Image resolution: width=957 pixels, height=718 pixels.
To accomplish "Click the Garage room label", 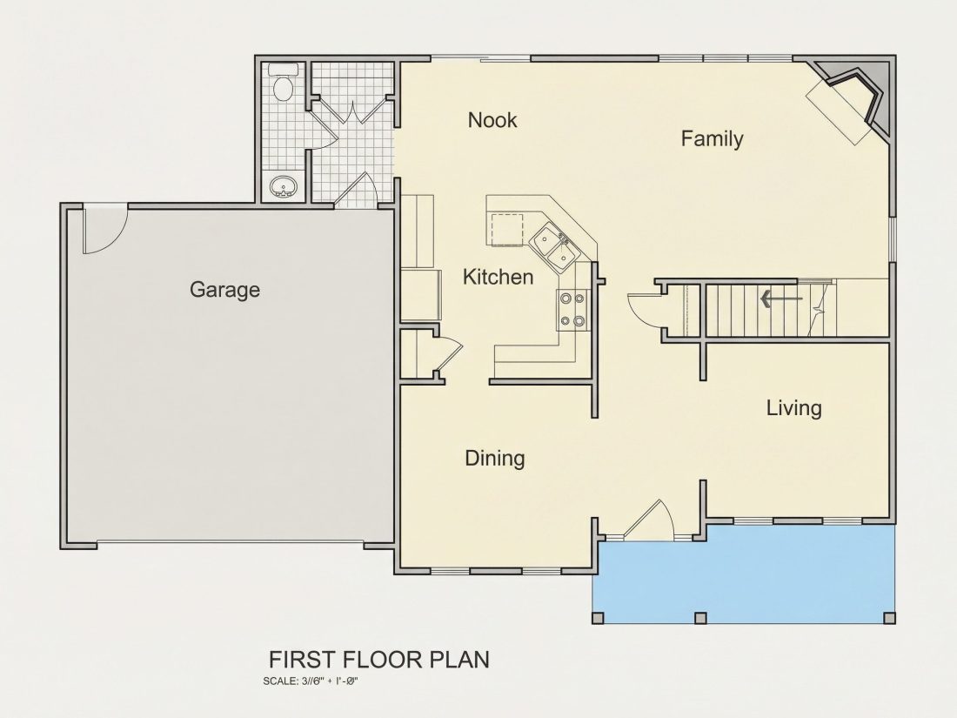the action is click(x=224, y=290).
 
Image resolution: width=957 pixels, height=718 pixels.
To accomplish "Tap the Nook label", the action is click(x=492, y=120).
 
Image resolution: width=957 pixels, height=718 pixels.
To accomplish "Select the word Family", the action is click(x=713, y=138).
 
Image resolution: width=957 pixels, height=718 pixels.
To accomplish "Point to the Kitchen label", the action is click(x=498, y=277).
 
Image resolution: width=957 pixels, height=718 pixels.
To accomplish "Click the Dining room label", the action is click(x=495, y=458).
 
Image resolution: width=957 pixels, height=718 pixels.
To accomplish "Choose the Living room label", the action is click(x=794, y=408).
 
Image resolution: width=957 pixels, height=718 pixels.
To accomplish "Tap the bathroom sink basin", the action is click(x=284, y=185).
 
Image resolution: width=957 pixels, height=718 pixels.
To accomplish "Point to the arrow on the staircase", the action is click(x=781, y=299).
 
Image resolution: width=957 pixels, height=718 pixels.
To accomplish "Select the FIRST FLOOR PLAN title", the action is click(x=379, y=660).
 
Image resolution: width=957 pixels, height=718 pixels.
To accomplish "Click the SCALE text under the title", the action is click(x=310, y=681).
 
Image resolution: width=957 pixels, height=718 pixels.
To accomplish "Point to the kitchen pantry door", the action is click(x=448, y=352).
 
